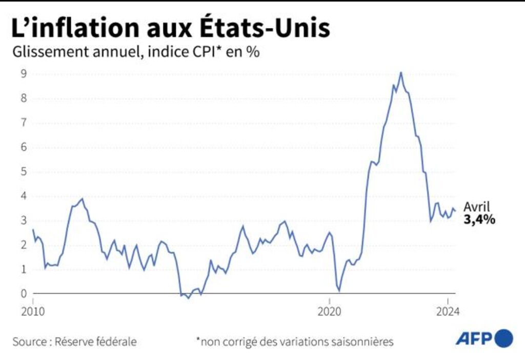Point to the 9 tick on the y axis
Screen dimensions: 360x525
tap(23, 73)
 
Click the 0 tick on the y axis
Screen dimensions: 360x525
tap(23, 294)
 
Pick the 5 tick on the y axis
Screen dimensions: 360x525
tap(23, 171)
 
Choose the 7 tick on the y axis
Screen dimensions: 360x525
tap(23, 123)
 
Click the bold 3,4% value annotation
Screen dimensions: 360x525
tap(479, 220)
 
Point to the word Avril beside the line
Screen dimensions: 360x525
tap(477, 207)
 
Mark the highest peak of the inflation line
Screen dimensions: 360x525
tap(400, 72)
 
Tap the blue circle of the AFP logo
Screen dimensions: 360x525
tap(504, 338)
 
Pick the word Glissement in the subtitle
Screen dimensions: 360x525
tap(41, 52)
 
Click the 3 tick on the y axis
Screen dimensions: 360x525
tap(23, 221)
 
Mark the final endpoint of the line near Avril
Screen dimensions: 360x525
tap(455, 210)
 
